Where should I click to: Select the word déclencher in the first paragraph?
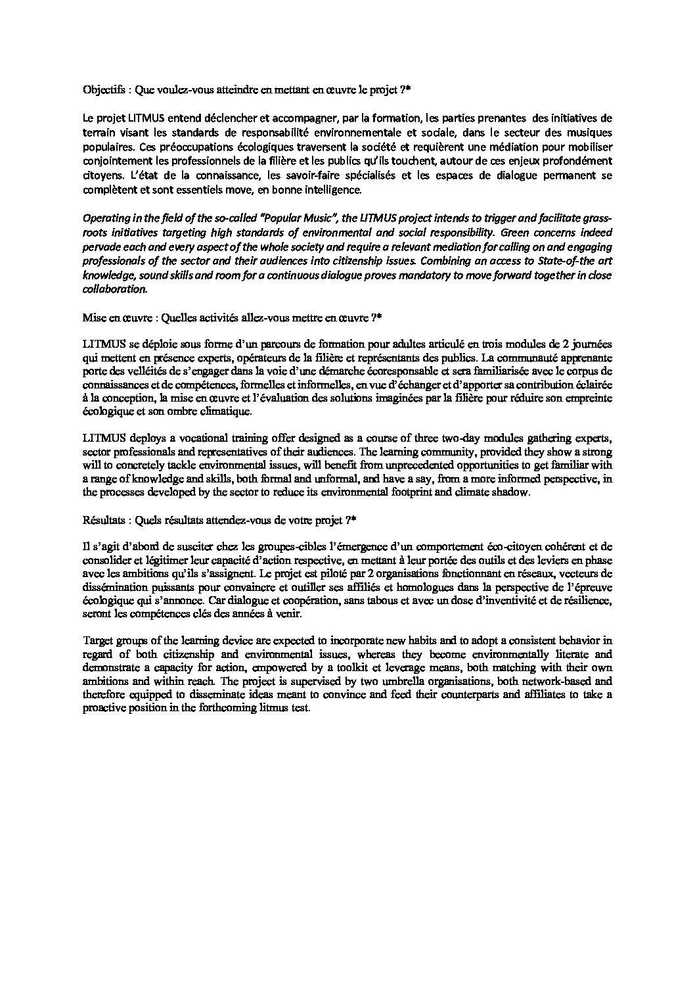coord(227,118)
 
